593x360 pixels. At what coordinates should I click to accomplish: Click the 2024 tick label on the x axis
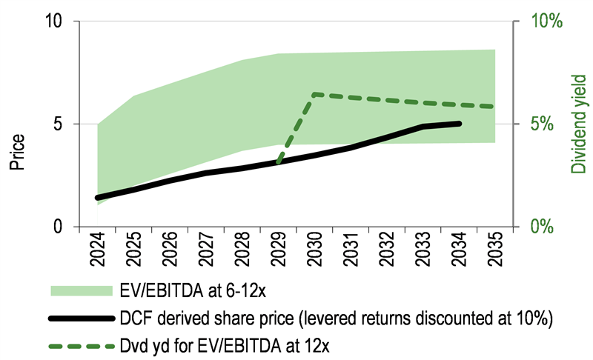[x=98, y=250]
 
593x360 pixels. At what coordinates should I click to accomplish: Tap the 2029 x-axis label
[x=278, y=250]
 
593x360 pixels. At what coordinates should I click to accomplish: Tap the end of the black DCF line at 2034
[x=459, y=124]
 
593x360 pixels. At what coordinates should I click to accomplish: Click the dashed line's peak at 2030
[x=314, y=94]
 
